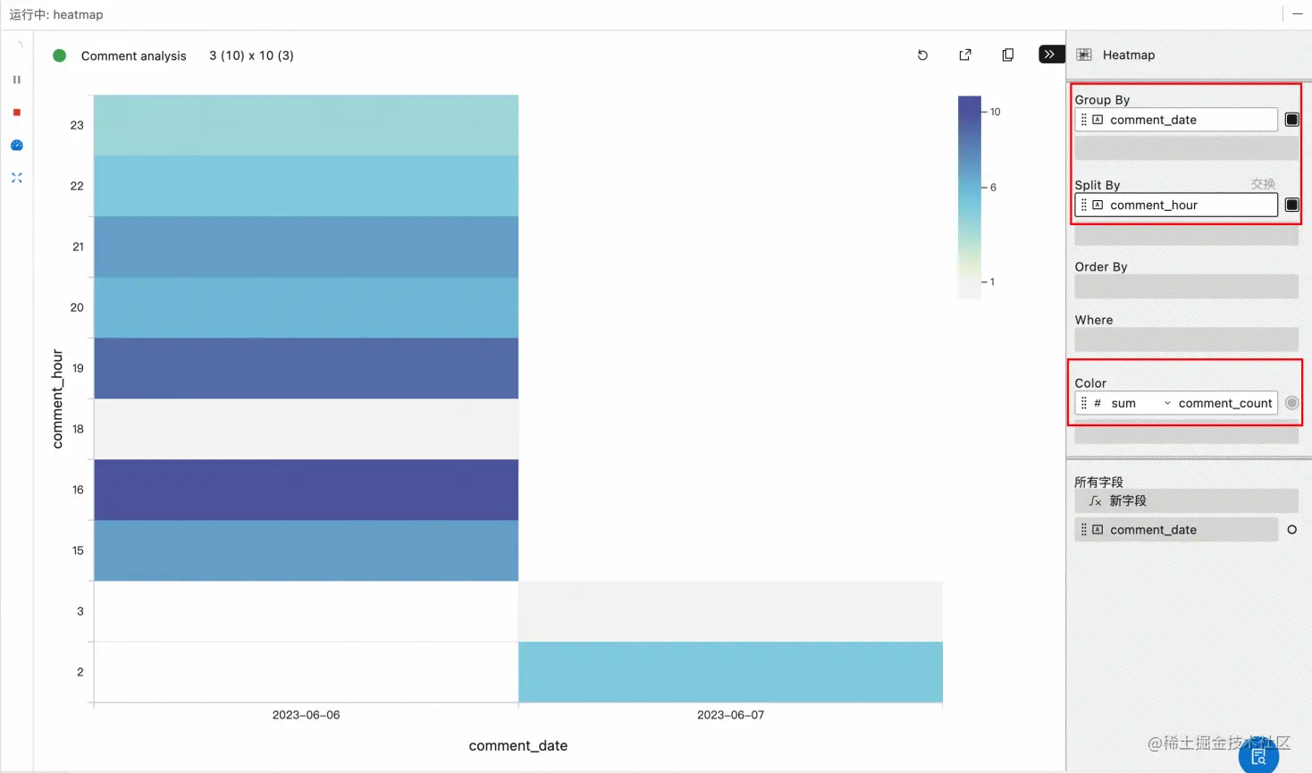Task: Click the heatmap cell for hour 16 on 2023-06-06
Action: pos(306,490)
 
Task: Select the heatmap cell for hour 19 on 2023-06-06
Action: pos(306,368)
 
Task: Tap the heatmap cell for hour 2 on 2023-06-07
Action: pos(730,672)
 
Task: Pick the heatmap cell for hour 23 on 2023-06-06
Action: pos(306,125)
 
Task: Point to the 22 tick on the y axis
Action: pos(77,186)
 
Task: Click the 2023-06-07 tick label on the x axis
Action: pos(730,715)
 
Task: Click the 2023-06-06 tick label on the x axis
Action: pos(306,715)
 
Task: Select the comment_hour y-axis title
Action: pos(58,399)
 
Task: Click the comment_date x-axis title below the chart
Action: pos(518,745)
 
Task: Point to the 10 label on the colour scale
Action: pos(995,112)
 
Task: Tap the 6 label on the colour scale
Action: pos(993,188)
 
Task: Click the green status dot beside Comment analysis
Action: pos(60,55)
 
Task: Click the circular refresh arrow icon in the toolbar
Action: pos(922,55)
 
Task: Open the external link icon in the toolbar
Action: pos(965,55)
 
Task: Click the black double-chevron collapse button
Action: pos(1049,55)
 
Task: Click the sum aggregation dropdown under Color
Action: pos(1140,404)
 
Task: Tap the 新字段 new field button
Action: pos(1127,501)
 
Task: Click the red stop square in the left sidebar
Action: pos(17,113)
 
